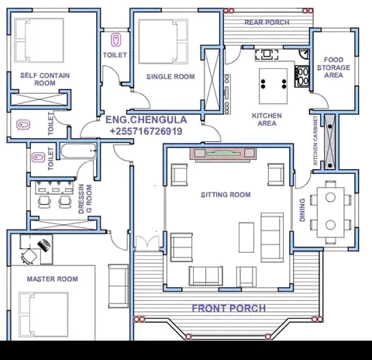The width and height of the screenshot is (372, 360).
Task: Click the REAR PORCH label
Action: click(267, 22)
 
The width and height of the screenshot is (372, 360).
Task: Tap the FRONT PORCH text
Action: click(229, 308)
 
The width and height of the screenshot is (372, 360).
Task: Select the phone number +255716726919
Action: click(146, 131)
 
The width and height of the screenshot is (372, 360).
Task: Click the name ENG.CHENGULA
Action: click(146, 119)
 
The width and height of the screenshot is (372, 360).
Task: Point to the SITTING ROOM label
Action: click(226, 195)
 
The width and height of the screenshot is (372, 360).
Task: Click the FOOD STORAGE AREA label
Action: click(333, 67)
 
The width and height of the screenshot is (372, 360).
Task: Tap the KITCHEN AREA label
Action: click(267, 119)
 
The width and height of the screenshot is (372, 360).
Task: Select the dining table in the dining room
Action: click(330, 212)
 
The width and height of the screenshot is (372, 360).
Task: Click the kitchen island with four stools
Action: click(274, 86)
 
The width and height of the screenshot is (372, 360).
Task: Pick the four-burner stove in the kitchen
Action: click(302, 77)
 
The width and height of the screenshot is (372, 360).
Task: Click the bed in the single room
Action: click(164, 42)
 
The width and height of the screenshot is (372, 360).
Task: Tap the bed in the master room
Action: click(43, 314)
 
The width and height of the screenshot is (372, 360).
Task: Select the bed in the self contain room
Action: click(39, 40)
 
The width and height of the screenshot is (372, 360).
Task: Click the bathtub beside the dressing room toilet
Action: click(79, 151)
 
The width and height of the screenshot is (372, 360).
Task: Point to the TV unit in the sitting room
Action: click(223, 154)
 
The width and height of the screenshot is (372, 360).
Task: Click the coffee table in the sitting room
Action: click(246, 237)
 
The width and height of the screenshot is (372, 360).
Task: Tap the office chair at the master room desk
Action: click(29, 256)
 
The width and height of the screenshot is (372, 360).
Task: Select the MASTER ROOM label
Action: click(53, 279)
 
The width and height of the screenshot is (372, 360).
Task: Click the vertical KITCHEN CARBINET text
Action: click(315, 140)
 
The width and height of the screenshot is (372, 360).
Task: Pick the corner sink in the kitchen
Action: click(305, 54)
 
